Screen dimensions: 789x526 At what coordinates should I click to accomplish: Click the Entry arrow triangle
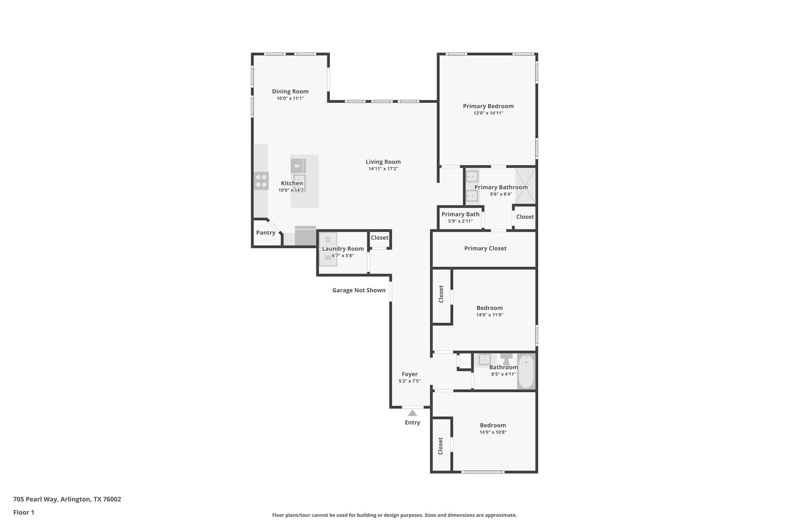pos(412,413)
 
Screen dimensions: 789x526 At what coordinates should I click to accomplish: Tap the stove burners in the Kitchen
pos(261,181)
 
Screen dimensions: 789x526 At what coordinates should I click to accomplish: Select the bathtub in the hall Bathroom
pos(526,371)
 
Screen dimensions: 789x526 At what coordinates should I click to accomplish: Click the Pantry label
pos(266,233)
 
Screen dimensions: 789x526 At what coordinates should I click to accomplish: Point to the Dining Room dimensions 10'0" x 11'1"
pos(290,98)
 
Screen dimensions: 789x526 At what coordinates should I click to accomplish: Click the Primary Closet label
pos(485,248)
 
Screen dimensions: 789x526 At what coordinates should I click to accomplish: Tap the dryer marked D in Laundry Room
pos(328,240)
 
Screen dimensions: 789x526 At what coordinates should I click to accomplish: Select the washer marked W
pos(328,258)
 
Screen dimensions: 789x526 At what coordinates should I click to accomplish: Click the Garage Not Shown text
pos(359,290)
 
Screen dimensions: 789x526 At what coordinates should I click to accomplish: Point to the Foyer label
pos(410,374)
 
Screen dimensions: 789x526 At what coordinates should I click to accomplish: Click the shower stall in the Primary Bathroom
pos(525,186)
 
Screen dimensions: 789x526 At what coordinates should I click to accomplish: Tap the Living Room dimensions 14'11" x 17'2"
pos(383,169)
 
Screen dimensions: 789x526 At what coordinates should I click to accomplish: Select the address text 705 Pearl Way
pos(35,499)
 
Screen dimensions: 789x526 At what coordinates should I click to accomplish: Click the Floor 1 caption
pos(24,513)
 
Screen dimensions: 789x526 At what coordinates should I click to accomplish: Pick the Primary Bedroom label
pos(488,106)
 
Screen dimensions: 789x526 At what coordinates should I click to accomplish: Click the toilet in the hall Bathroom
pos(506,359)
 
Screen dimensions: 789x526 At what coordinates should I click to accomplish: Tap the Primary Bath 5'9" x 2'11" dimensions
pos(460,221)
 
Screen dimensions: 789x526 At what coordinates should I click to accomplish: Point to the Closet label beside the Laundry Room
pos(380,238)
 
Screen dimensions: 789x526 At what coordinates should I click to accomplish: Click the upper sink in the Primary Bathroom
pos(472,177)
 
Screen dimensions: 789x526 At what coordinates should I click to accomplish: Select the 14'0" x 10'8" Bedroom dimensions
pos(493,432)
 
